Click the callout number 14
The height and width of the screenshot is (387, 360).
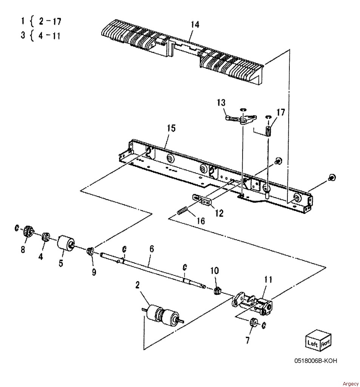pyautogui.click(x=195, y=25)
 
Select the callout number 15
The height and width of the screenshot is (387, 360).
pyautogui.click(x=171, y=128)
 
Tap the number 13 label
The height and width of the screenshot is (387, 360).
pyautogui.click(x=221, y=102)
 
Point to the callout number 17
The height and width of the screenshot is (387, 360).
pyautogui.click(x=281, y=112)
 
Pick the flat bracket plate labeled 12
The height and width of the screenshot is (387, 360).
pyautogui.click(x=201, y=200)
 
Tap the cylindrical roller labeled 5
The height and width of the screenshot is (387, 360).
pyautogui.click(x=66, y=243)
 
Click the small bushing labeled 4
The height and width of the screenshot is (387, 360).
pyautogui.click(x=46, y=237)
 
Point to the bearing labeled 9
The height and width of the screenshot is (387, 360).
pyautogui.click(x=90, y=251)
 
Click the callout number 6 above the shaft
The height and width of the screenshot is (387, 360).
pyautogui.click(x=151, y=249)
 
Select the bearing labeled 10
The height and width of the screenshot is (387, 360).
pyautogui.click(x=216, y=291)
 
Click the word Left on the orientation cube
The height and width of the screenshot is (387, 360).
pyautogui.click(x=313, y=343)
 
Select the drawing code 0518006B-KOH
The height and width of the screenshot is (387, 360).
pyautogui.click(x=315, y=361)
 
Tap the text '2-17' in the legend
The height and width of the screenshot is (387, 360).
pyautogui.click(x=50, y=22)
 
